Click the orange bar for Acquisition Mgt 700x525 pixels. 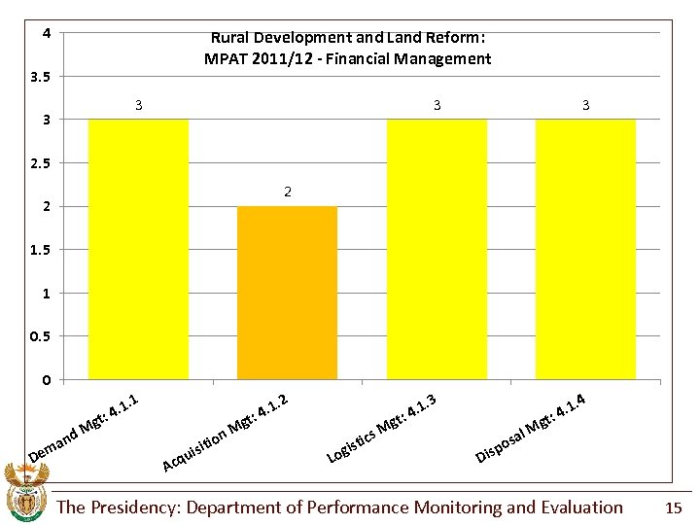pyautogui.click(x=287, y=292)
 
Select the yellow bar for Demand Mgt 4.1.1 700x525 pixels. pyautogui.click(x=138, y=248)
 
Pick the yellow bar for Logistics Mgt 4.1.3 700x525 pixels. pyautogui.click(x=437, y=248)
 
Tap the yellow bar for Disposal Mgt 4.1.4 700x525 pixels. pyautogui.click(x=585, y=248)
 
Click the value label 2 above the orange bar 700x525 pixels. pyautogui.click(x=288, y=192)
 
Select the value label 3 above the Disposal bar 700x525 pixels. pyautogui.click(x=585, y=105)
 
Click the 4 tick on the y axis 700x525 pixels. pyautogui.click(x=46, y=33)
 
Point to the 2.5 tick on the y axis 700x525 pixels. pyautogui.click(x=41, y=163)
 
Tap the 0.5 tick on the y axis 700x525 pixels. pyautogui.click(x=41, y=336)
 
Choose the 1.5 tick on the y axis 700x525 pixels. pyautogui.click(x=41, y=250)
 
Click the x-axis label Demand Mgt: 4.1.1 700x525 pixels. pyautogui.click(x=87, y=428)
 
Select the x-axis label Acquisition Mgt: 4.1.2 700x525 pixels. pyautogui.click(x=226, y=433)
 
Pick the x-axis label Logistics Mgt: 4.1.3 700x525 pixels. pyautogui.click(x=381, y=428)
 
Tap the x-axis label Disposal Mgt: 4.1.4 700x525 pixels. pyautogui.click(x=531, y=428)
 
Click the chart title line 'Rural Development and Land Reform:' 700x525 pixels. pyautogui.click(x=347, y=38)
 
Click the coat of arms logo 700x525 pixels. pyautogui.click(x=26, y=493)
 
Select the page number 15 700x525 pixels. pyautogui.click(x=674, y=507)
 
